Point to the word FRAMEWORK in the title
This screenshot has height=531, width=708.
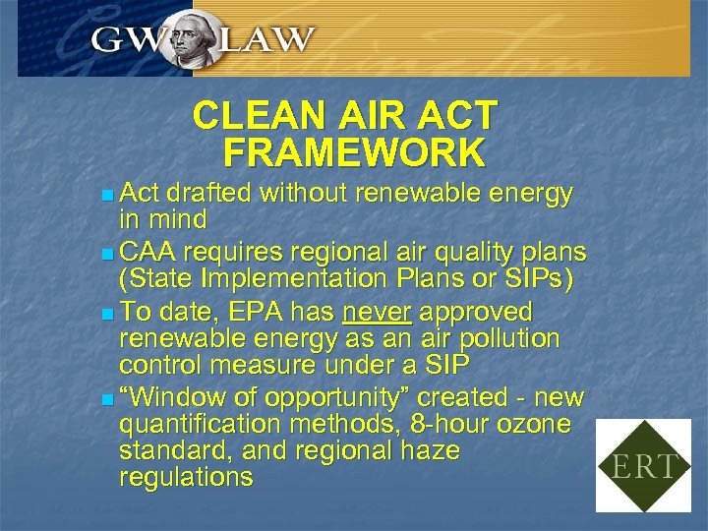pos(354,153)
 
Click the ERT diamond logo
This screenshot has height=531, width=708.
pos(644,465)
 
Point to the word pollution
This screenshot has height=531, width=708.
pos(516,339)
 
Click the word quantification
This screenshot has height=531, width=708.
pos(192,425)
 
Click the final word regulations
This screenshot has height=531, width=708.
pos(185,478)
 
